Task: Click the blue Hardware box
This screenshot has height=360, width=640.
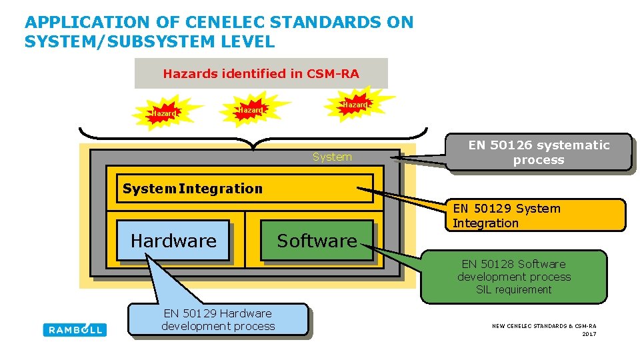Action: tap(173, 241)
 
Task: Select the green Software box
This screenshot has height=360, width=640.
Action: tap(317, 241)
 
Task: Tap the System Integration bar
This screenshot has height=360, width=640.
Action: tap(245, 189)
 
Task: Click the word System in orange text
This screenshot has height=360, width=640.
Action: tap(332, 157)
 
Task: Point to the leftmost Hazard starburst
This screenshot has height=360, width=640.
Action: tap(163, 113)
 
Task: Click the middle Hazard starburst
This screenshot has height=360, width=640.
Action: tap(251, 109)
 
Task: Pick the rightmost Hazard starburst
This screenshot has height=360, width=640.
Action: tap(354, 105)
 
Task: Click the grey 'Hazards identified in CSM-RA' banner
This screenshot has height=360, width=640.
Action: tap(261, 73)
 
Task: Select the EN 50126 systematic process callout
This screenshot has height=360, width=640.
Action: tap(539, 153)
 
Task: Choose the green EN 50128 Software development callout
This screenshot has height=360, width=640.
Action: tap(514, 277)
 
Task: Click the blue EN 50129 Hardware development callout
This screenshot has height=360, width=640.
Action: tap(218, 320)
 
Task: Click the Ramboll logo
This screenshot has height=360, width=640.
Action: tap(75, 329)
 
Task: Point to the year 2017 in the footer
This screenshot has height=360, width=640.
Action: tap(589, 334)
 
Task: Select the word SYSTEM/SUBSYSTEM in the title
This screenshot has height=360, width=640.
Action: tap(118, 42)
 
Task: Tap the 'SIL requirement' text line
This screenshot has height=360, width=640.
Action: tap(514, 290)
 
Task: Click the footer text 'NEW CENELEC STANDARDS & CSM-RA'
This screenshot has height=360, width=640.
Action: tap(544, 326)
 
